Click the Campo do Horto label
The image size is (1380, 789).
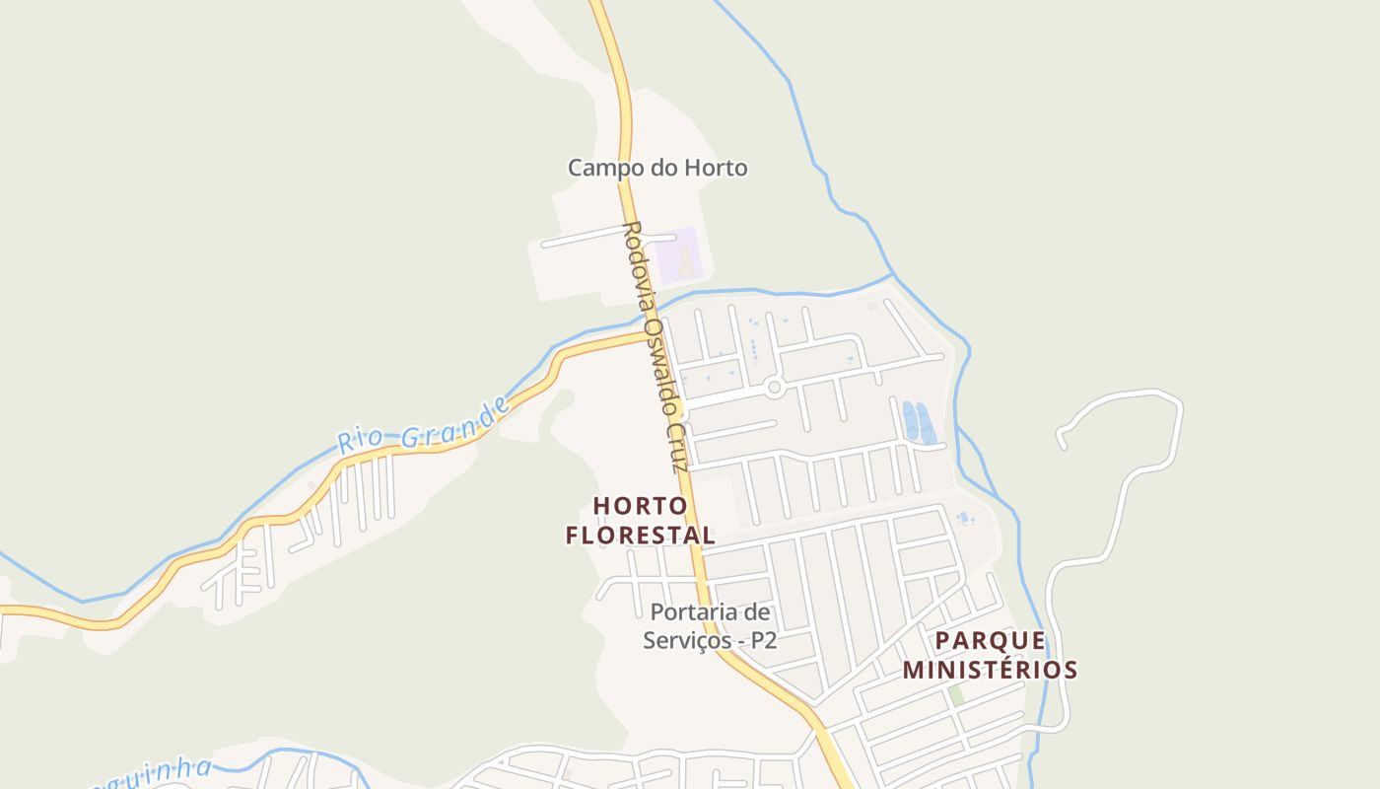tap(657, 168)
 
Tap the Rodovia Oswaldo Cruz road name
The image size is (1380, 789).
tap(655, 345)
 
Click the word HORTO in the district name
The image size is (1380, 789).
tap(641, 506)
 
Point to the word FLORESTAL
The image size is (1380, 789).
tap(641, 535)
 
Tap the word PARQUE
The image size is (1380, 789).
tap(991, 640)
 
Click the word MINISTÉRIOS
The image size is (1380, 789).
tap(991, 670)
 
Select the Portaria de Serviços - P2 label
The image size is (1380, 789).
tap(710, 626)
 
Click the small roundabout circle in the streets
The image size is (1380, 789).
tap(774, 388)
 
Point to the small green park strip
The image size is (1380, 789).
tap(955, 696)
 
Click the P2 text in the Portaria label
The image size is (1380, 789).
tap(763, 640)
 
